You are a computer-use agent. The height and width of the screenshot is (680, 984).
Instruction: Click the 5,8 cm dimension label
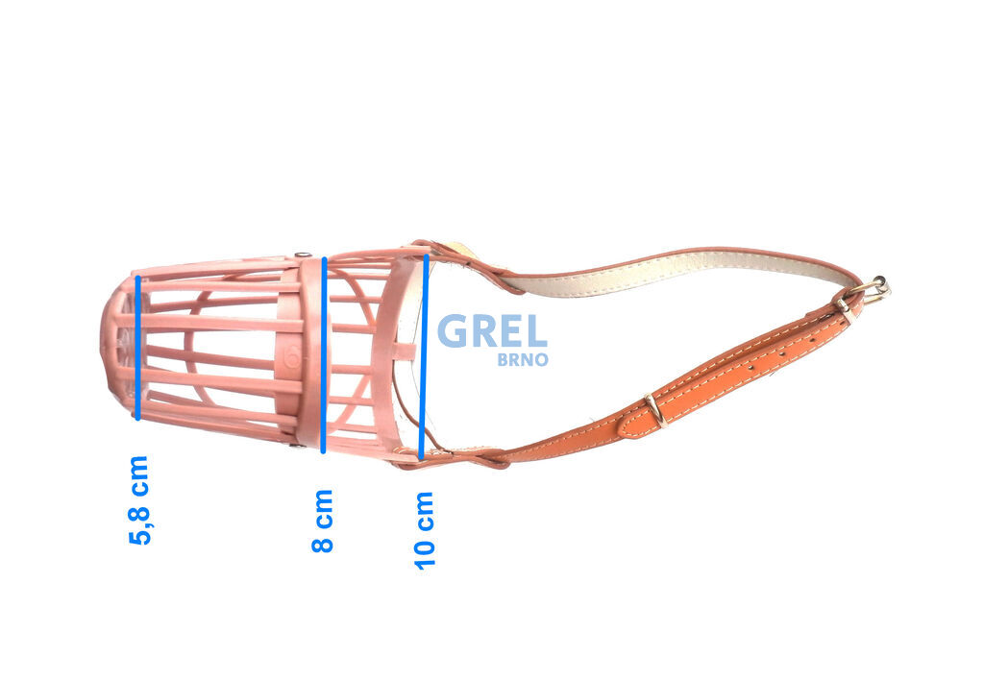[x=139, y=500]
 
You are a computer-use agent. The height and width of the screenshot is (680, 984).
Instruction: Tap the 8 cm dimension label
[x=323, y=521]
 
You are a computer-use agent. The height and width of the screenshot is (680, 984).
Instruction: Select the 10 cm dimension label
[x=424, y=531]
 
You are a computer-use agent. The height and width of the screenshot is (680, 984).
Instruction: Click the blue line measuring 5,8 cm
[x=138, y=348]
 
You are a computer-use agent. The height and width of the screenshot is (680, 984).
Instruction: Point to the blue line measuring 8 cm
[x=323, y=355]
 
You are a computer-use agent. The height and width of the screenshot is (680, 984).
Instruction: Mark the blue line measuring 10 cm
[x=424, y=355]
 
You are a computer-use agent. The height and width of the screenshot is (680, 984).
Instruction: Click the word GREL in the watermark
[x=492, y=331]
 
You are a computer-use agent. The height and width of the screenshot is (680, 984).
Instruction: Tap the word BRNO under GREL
[x=523, y=359]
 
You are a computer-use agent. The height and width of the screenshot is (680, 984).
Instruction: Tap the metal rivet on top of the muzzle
[x=302, y=255]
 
